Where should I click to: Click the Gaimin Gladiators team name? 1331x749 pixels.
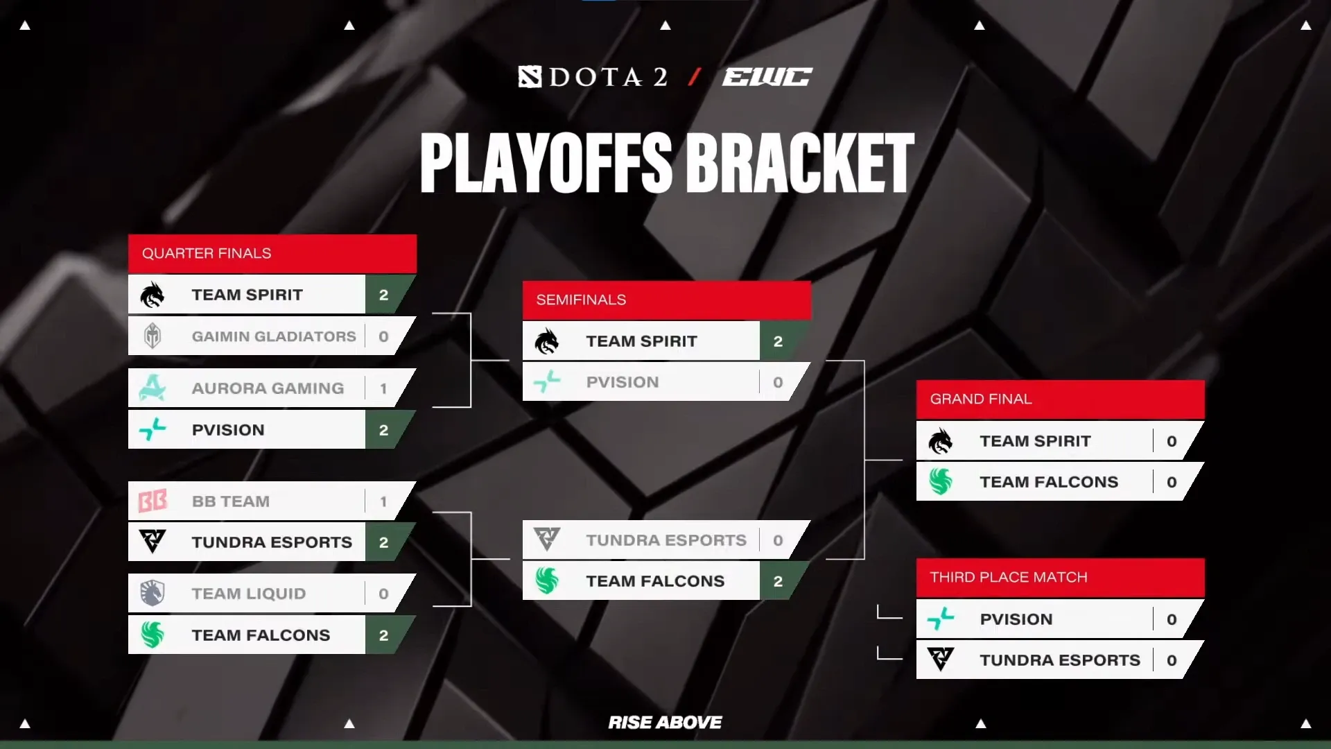274,336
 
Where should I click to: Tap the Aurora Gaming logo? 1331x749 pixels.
153,388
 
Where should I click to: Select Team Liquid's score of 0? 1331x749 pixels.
383,594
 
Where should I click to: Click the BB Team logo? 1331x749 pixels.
153,501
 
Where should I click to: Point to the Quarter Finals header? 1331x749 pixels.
207,253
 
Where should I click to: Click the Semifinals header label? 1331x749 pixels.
581,300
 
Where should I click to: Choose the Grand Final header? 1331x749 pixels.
981,399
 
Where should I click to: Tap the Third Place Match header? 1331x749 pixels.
1009,577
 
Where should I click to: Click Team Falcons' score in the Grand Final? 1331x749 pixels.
1172,482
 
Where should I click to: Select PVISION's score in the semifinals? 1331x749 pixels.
778,382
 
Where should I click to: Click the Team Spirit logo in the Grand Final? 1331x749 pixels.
941,441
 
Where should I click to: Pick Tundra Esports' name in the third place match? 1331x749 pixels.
1060,660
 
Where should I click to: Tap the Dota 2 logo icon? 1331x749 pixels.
530,76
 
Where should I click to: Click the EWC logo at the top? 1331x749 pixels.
767,76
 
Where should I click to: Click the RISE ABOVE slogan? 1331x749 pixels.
665,723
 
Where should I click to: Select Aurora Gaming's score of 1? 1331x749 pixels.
383,388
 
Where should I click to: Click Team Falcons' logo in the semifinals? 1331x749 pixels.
547,580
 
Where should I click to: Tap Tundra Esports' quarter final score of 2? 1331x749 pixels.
383,542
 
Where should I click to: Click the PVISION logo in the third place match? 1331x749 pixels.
941,619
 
